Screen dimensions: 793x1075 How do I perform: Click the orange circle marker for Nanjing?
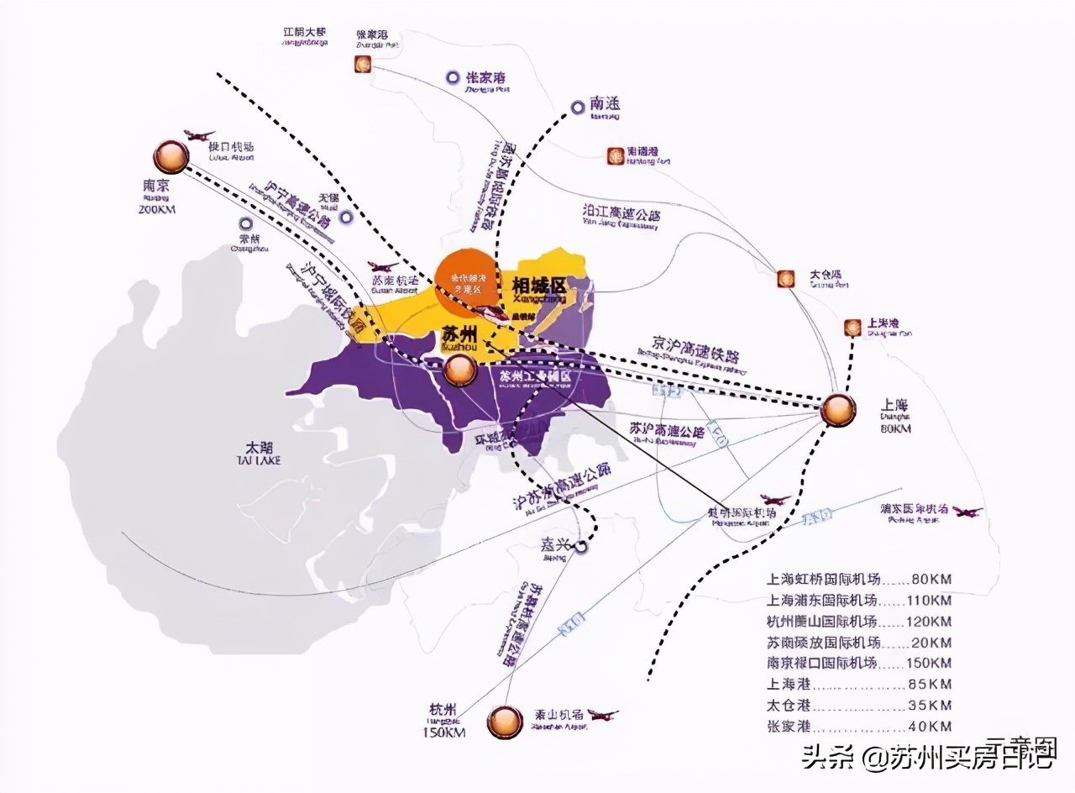(171, 156)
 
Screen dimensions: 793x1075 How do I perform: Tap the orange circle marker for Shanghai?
(837, 409)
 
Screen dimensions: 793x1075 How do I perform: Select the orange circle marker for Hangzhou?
(504, 721)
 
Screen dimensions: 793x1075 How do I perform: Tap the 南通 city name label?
(605, 104)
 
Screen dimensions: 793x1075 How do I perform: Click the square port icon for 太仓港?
(785, 278)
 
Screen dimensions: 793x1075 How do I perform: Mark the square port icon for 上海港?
(852, 328)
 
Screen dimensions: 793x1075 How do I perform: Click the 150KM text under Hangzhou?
(443, 733)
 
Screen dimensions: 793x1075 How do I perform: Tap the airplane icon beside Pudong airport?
(967, 512)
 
